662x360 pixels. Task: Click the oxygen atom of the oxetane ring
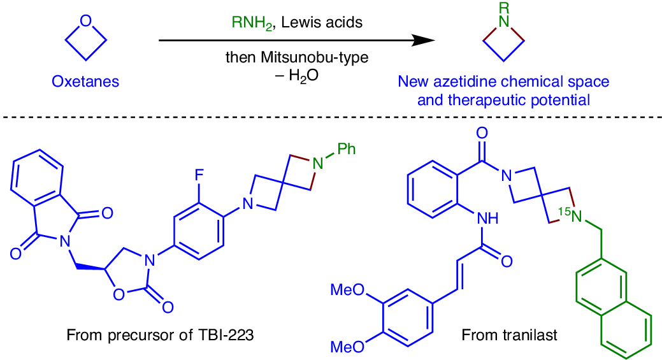(x=86, y=20)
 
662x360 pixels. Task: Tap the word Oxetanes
(x=85, y=81)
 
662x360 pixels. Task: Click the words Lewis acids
(x=322, y=22)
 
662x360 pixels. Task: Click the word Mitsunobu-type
(x=315, y=57)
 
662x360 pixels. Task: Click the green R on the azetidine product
(x=504, y=8)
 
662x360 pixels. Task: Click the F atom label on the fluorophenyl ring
(x=199, y=175)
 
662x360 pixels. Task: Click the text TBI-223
(x=226, y=335)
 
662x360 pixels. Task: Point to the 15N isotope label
(x=570, y=215)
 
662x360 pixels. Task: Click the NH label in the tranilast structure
(x=487, y=218)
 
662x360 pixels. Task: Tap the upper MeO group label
(x=347, y=289)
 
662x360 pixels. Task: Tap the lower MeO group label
(x=347, y=347)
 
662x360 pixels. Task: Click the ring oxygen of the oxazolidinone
(x=119, y=294)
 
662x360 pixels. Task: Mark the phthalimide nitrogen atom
(x=64, y=241)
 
